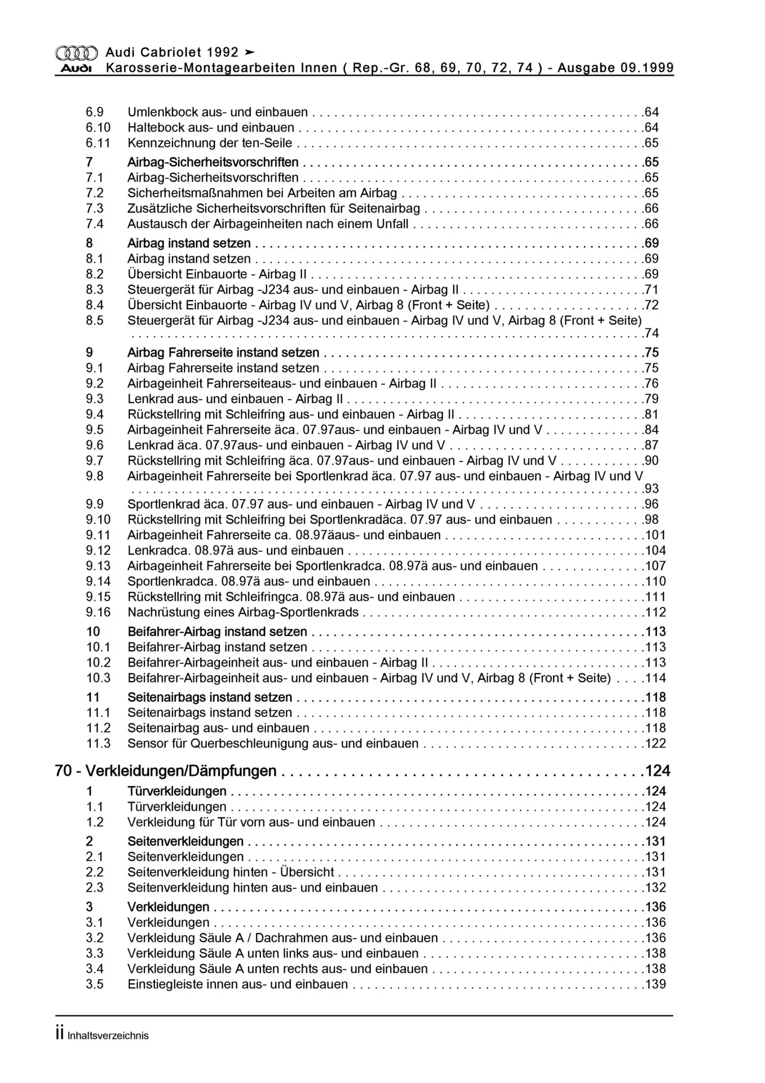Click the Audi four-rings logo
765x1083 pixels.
click(76, 53)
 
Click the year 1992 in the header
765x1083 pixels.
click(223, 52)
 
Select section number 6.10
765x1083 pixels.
click(98, 127)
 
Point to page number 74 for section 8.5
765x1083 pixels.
click(652, 333)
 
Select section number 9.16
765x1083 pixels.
click(98, 613)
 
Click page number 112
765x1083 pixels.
click(656, 613)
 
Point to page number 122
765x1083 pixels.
click(656, 744)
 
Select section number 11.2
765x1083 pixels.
click(98, 728)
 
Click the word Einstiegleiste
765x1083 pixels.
click(163, 985)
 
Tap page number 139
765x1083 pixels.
click(656, 985)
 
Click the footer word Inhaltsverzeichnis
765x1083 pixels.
click(108, 1036)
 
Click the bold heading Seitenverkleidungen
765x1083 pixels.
click(185, 842)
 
